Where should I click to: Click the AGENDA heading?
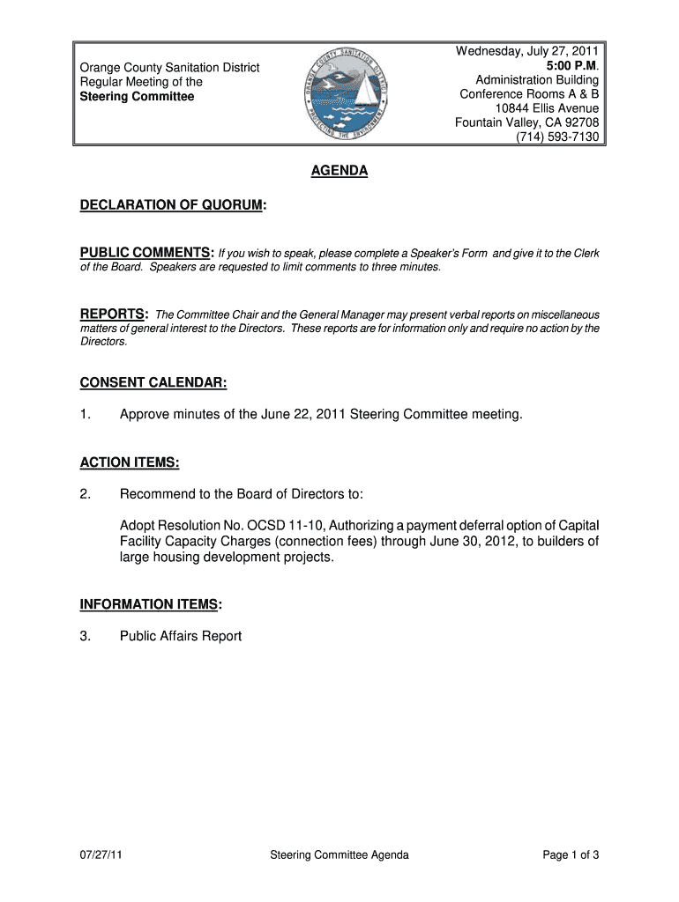(339, 172)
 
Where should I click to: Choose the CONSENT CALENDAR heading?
(153, 382)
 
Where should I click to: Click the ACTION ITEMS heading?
(130, 462)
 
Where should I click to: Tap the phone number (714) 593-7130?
(557, 137)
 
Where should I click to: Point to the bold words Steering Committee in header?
(138, 96)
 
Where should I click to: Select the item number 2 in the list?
(85, 493)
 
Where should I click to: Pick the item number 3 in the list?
(85, 636)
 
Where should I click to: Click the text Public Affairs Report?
(181, 636)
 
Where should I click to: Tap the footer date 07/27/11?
(99, 854)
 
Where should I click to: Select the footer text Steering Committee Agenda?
(339, 854)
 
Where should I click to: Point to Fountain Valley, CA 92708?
(526, 122)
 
